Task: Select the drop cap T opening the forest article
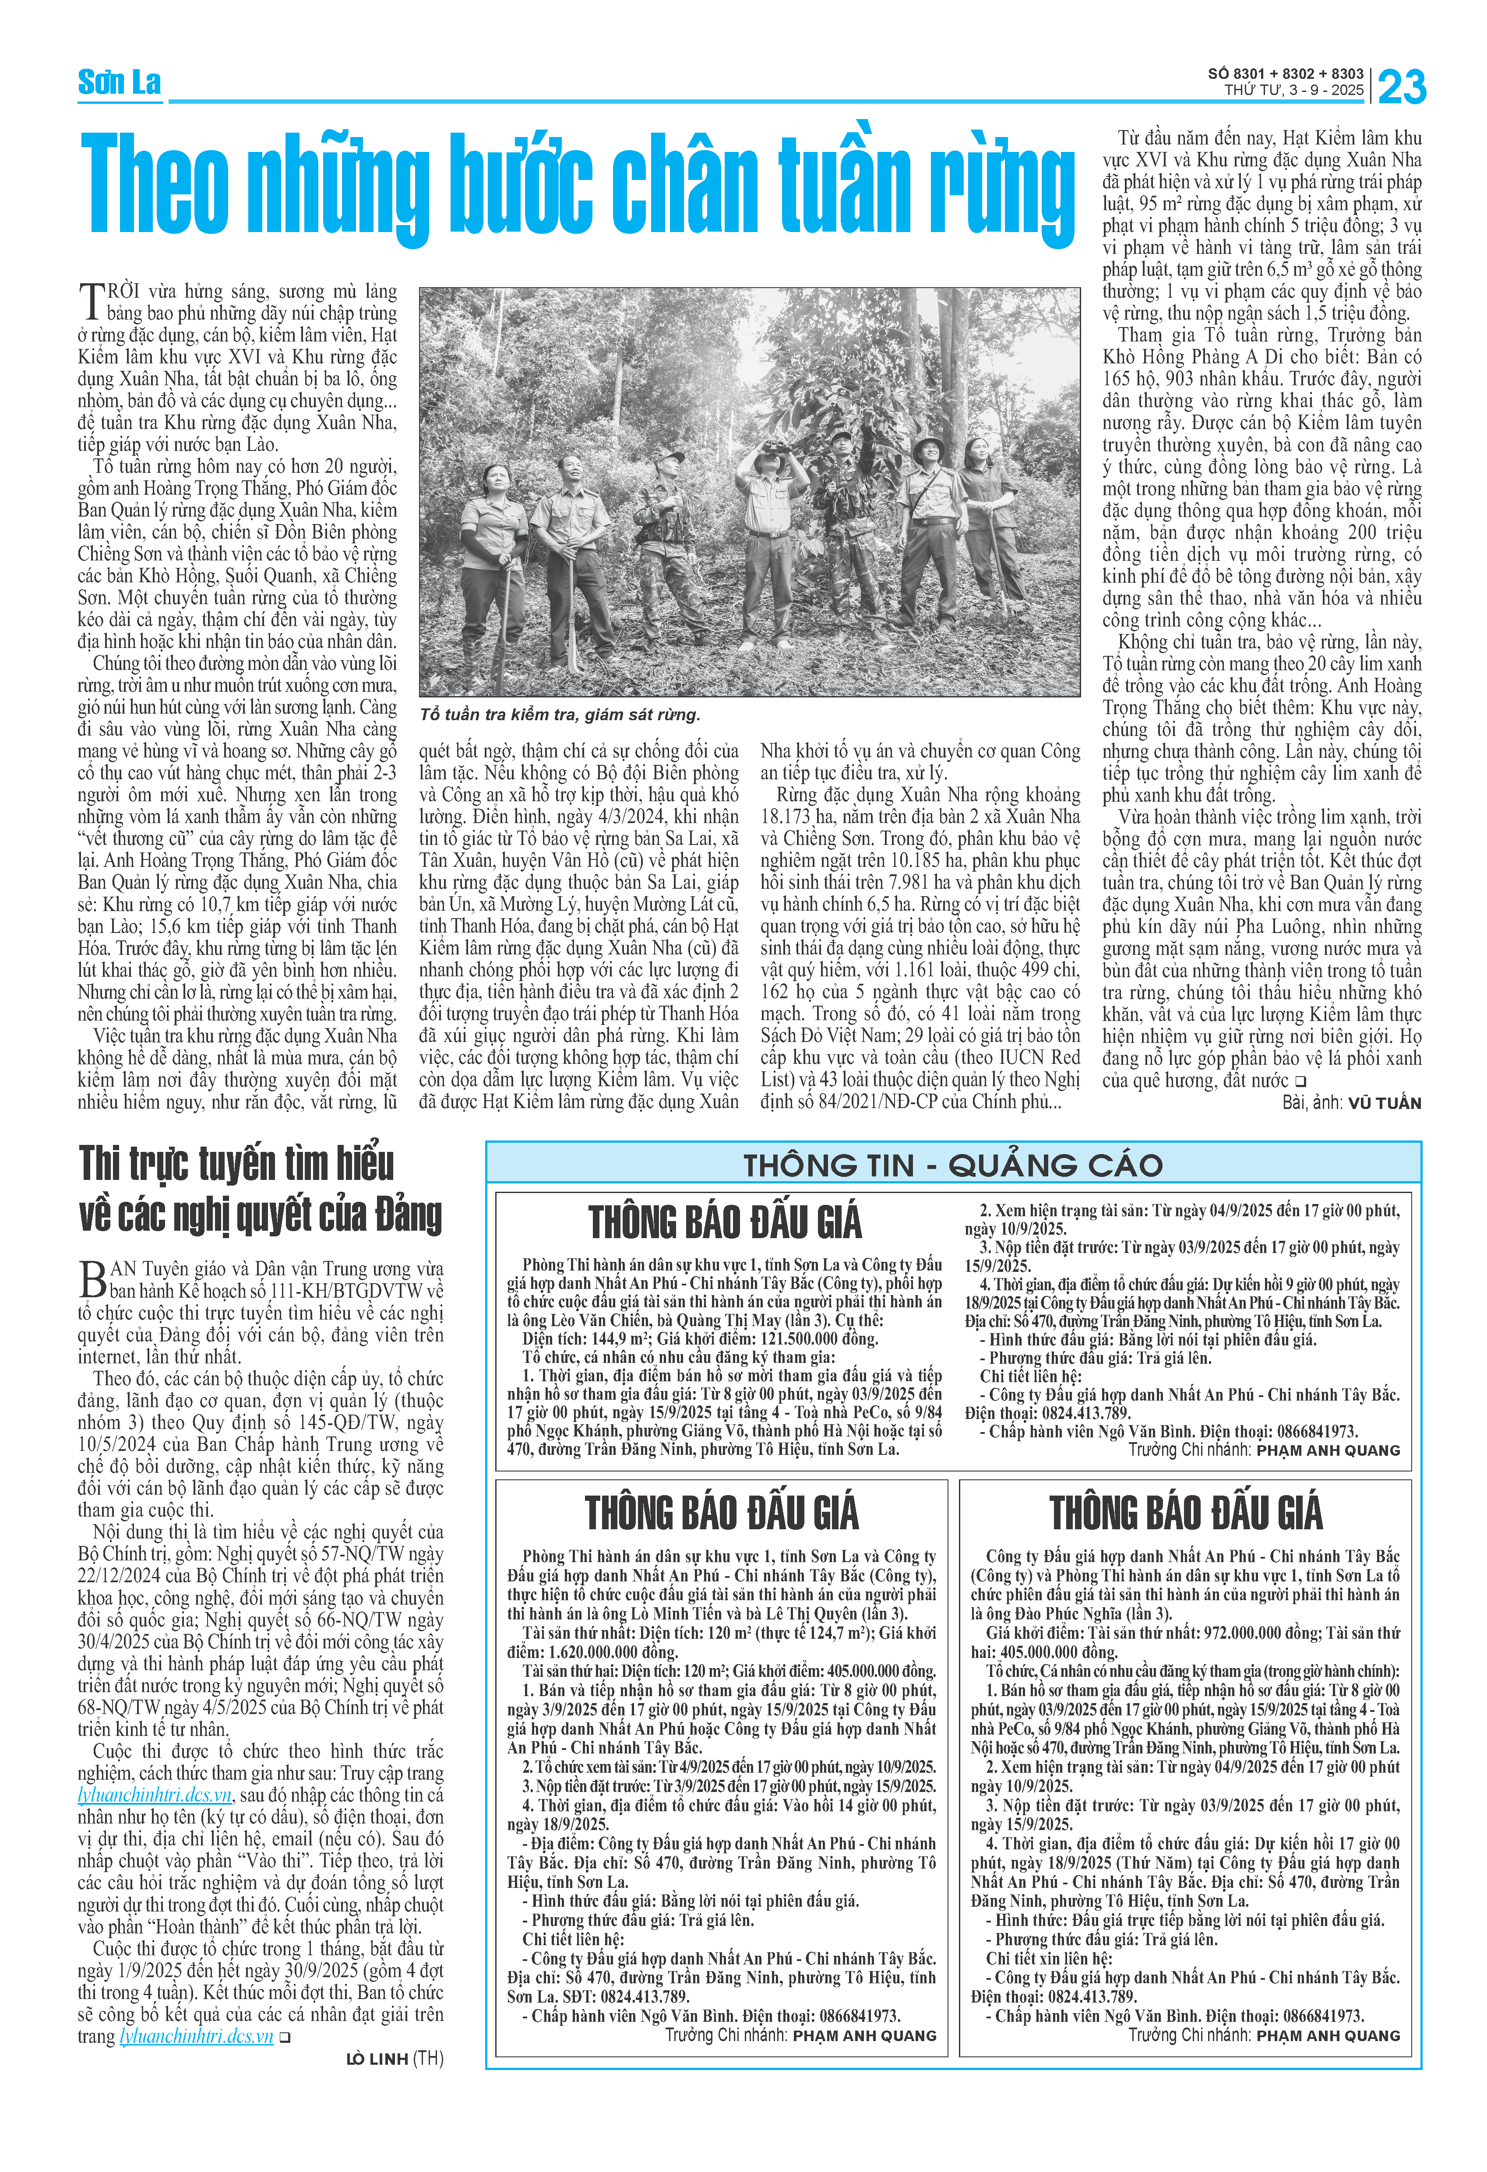click(91, 301)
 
